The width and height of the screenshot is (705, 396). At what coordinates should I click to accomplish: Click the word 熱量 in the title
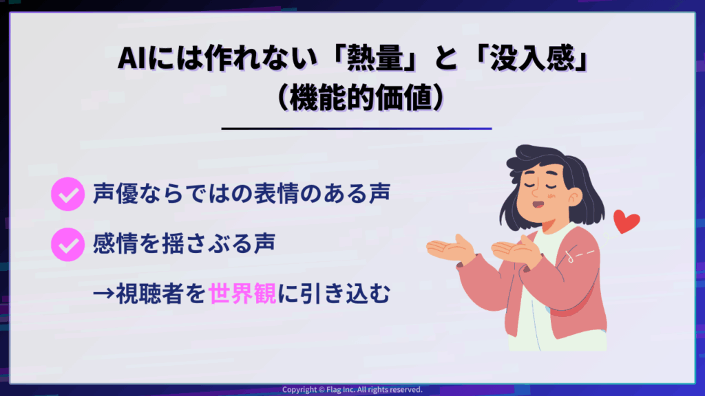click(375, 58)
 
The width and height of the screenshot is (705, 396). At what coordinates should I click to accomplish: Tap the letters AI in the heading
click(131, 59)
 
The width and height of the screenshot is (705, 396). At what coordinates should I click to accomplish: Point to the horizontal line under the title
click(357, 129)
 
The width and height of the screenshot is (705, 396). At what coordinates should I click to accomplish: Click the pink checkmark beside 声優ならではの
click(68, 194)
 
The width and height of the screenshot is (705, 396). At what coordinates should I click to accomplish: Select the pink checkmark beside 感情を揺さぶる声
click(68, 244)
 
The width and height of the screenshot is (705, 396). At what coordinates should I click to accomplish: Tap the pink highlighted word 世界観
click(242, 294)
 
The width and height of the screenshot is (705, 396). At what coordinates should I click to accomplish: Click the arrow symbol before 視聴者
click(104, 294)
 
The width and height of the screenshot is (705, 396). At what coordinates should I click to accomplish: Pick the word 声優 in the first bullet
click(115, 194)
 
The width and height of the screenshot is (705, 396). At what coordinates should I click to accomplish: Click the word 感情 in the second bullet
click(115, 244)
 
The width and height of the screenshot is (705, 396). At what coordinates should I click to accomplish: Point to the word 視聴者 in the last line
click(149, 294)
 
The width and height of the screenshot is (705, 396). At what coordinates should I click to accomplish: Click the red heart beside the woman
click(626, 221)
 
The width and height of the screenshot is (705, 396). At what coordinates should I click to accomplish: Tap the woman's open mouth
click(538, 204)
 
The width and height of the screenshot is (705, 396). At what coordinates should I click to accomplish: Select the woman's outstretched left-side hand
click(450, 249)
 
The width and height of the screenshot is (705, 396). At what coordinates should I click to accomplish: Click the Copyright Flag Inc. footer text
click(352, 390)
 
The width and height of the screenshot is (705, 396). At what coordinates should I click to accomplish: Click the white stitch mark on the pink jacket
click(580, 255)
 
